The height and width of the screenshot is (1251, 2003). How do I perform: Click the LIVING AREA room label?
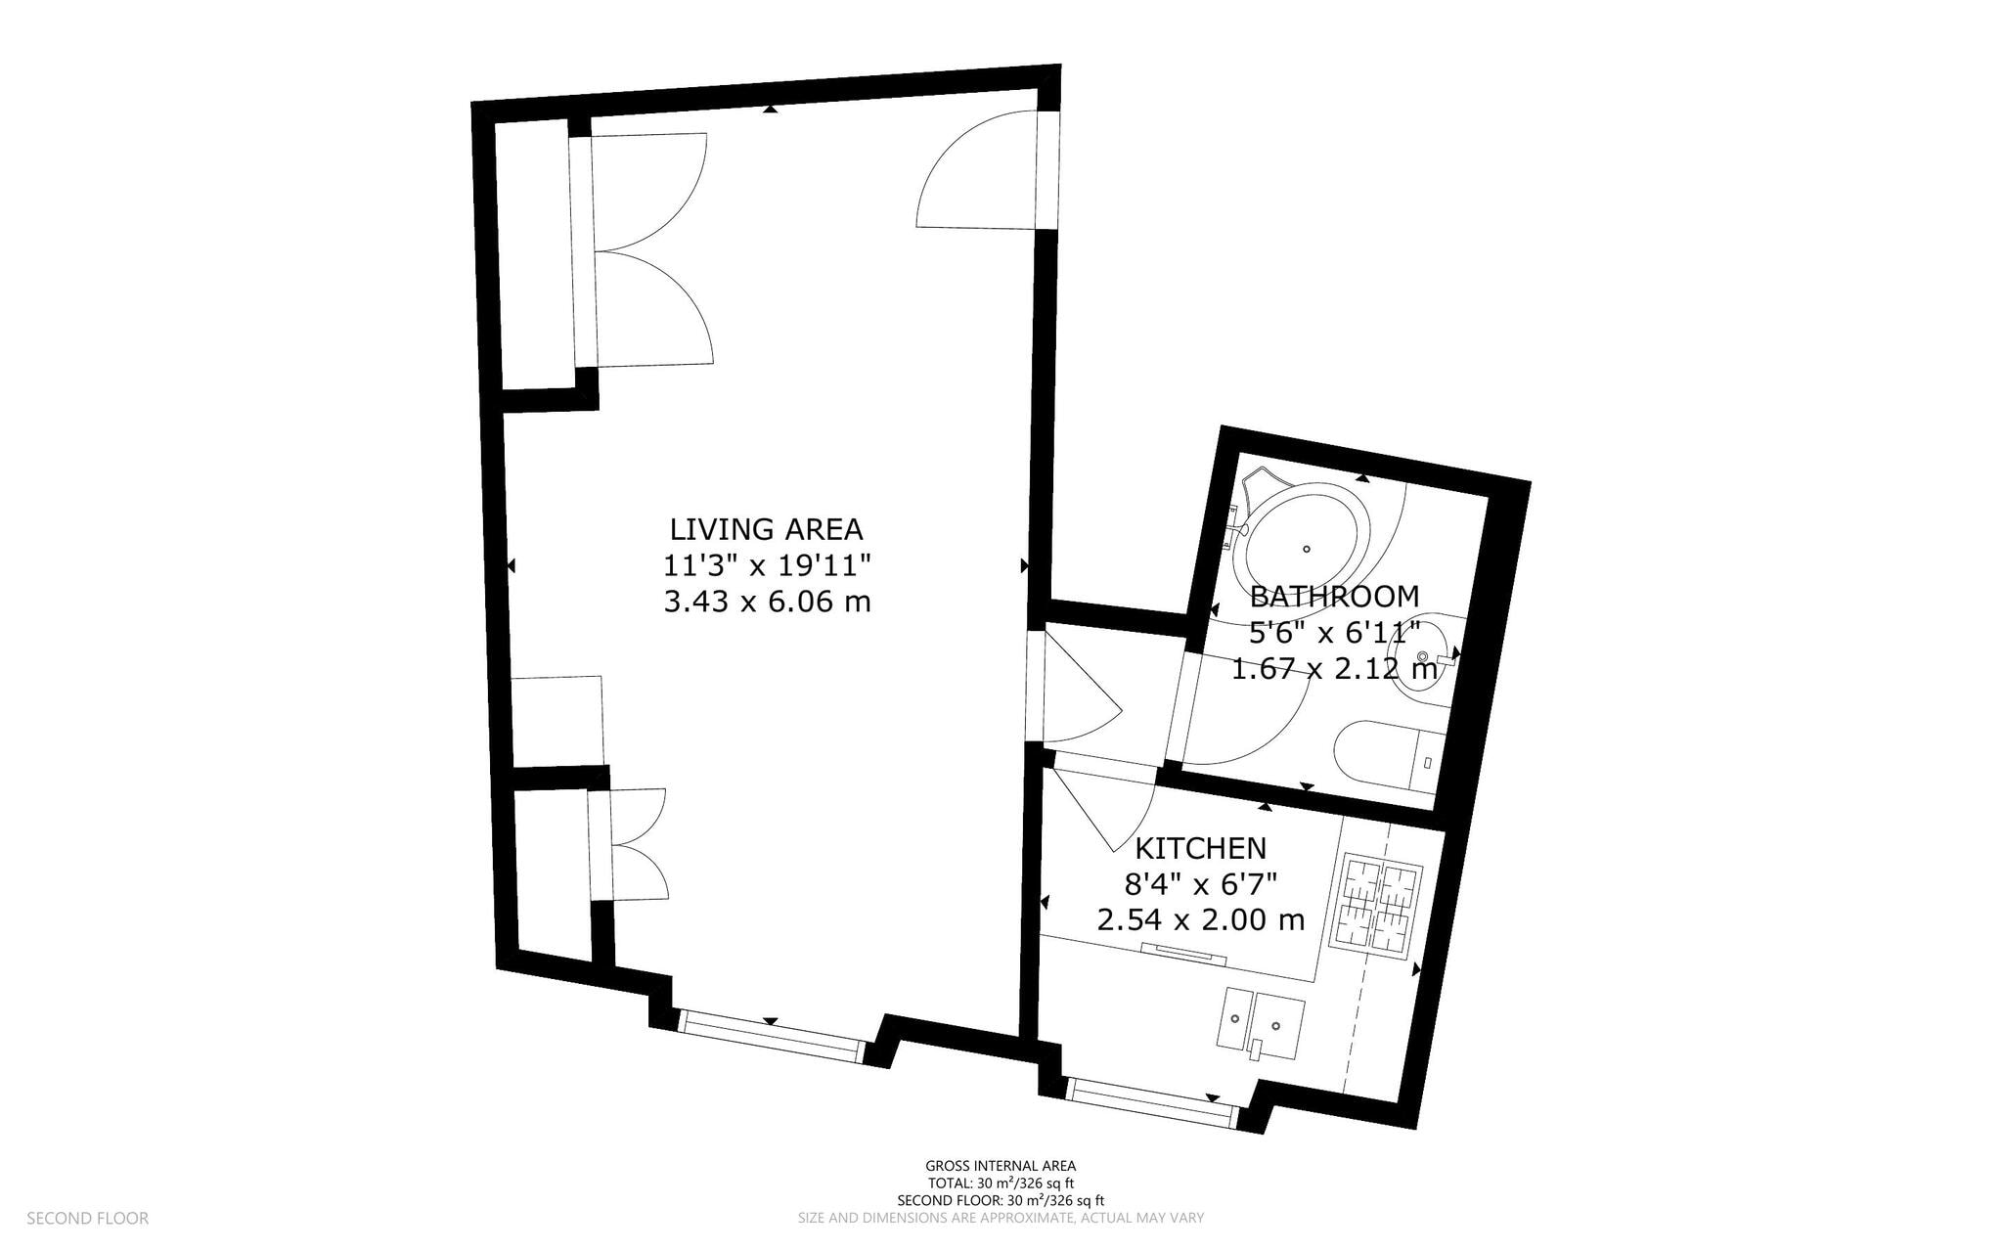pos(766,529)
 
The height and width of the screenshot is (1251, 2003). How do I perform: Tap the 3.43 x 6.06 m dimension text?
pos(766,601)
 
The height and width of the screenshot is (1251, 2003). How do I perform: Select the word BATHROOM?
pos(1334,596)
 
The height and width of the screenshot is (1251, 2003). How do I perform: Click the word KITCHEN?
pos(1200,847)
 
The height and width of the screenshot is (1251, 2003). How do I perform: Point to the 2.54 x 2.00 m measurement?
pos(1200,920)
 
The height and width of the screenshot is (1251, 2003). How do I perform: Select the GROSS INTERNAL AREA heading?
pos(1001,1165)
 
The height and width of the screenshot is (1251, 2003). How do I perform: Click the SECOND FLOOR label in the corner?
pos(87,1218)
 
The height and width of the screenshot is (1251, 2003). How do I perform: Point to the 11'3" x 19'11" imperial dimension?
pos(766,565)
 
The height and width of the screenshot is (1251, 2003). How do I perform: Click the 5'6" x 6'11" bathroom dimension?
pos(1334,633)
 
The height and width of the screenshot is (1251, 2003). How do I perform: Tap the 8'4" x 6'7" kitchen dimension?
pos(1200,884)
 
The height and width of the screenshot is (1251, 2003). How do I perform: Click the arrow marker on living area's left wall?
pos(511,566)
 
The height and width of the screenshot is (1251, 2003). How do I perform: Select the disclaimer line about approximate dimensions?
pos(1001,1218)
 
